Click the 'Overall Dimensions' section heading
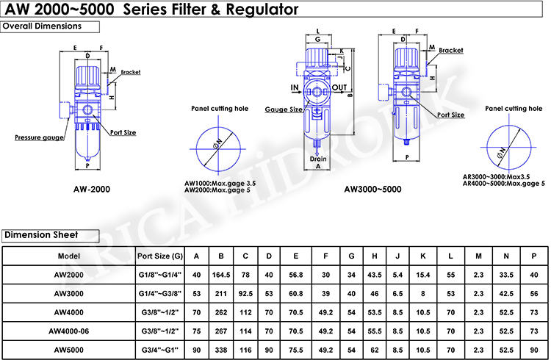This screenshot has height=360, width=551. pos(50,26)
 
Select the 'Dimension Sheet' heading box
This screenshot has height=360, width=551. pos(48,235)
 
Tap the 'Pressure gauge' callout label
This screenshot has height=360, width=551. pos(37,137)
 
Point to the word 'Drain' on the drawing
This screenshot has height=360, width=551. pos(317,159)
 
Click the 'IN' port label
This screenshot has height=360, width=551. pos(295,88)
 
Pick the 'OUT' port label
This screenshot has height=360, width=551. pos(339,88)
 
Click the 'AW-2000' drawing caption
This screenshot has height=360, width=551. pos(92,189)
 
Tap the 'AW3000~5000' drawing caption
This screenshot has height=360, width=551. pos(372,189)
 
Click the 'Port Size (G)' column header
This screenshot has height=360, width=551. pos(160,256)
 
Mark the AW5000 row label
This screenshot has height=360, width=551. pos(68,350)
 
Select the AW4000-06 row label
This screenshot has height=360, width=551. pos(68,331)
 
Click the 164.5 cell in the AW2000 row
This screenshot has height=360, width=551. pos(220,274)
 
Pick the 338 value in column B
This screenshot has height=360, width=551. pos(220,350)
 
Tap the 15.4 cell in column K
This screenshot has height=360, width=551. pos(422,274)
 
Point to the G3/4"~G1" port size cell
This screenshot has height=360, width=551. pos(160,350)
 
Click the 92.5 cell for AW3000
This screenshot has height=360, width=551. pos(245,293)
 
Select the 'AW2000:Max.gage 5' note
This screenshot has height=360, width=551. pos(220,190)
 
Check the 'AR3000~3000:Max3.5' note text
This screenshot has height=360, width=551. pos(497,177)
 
